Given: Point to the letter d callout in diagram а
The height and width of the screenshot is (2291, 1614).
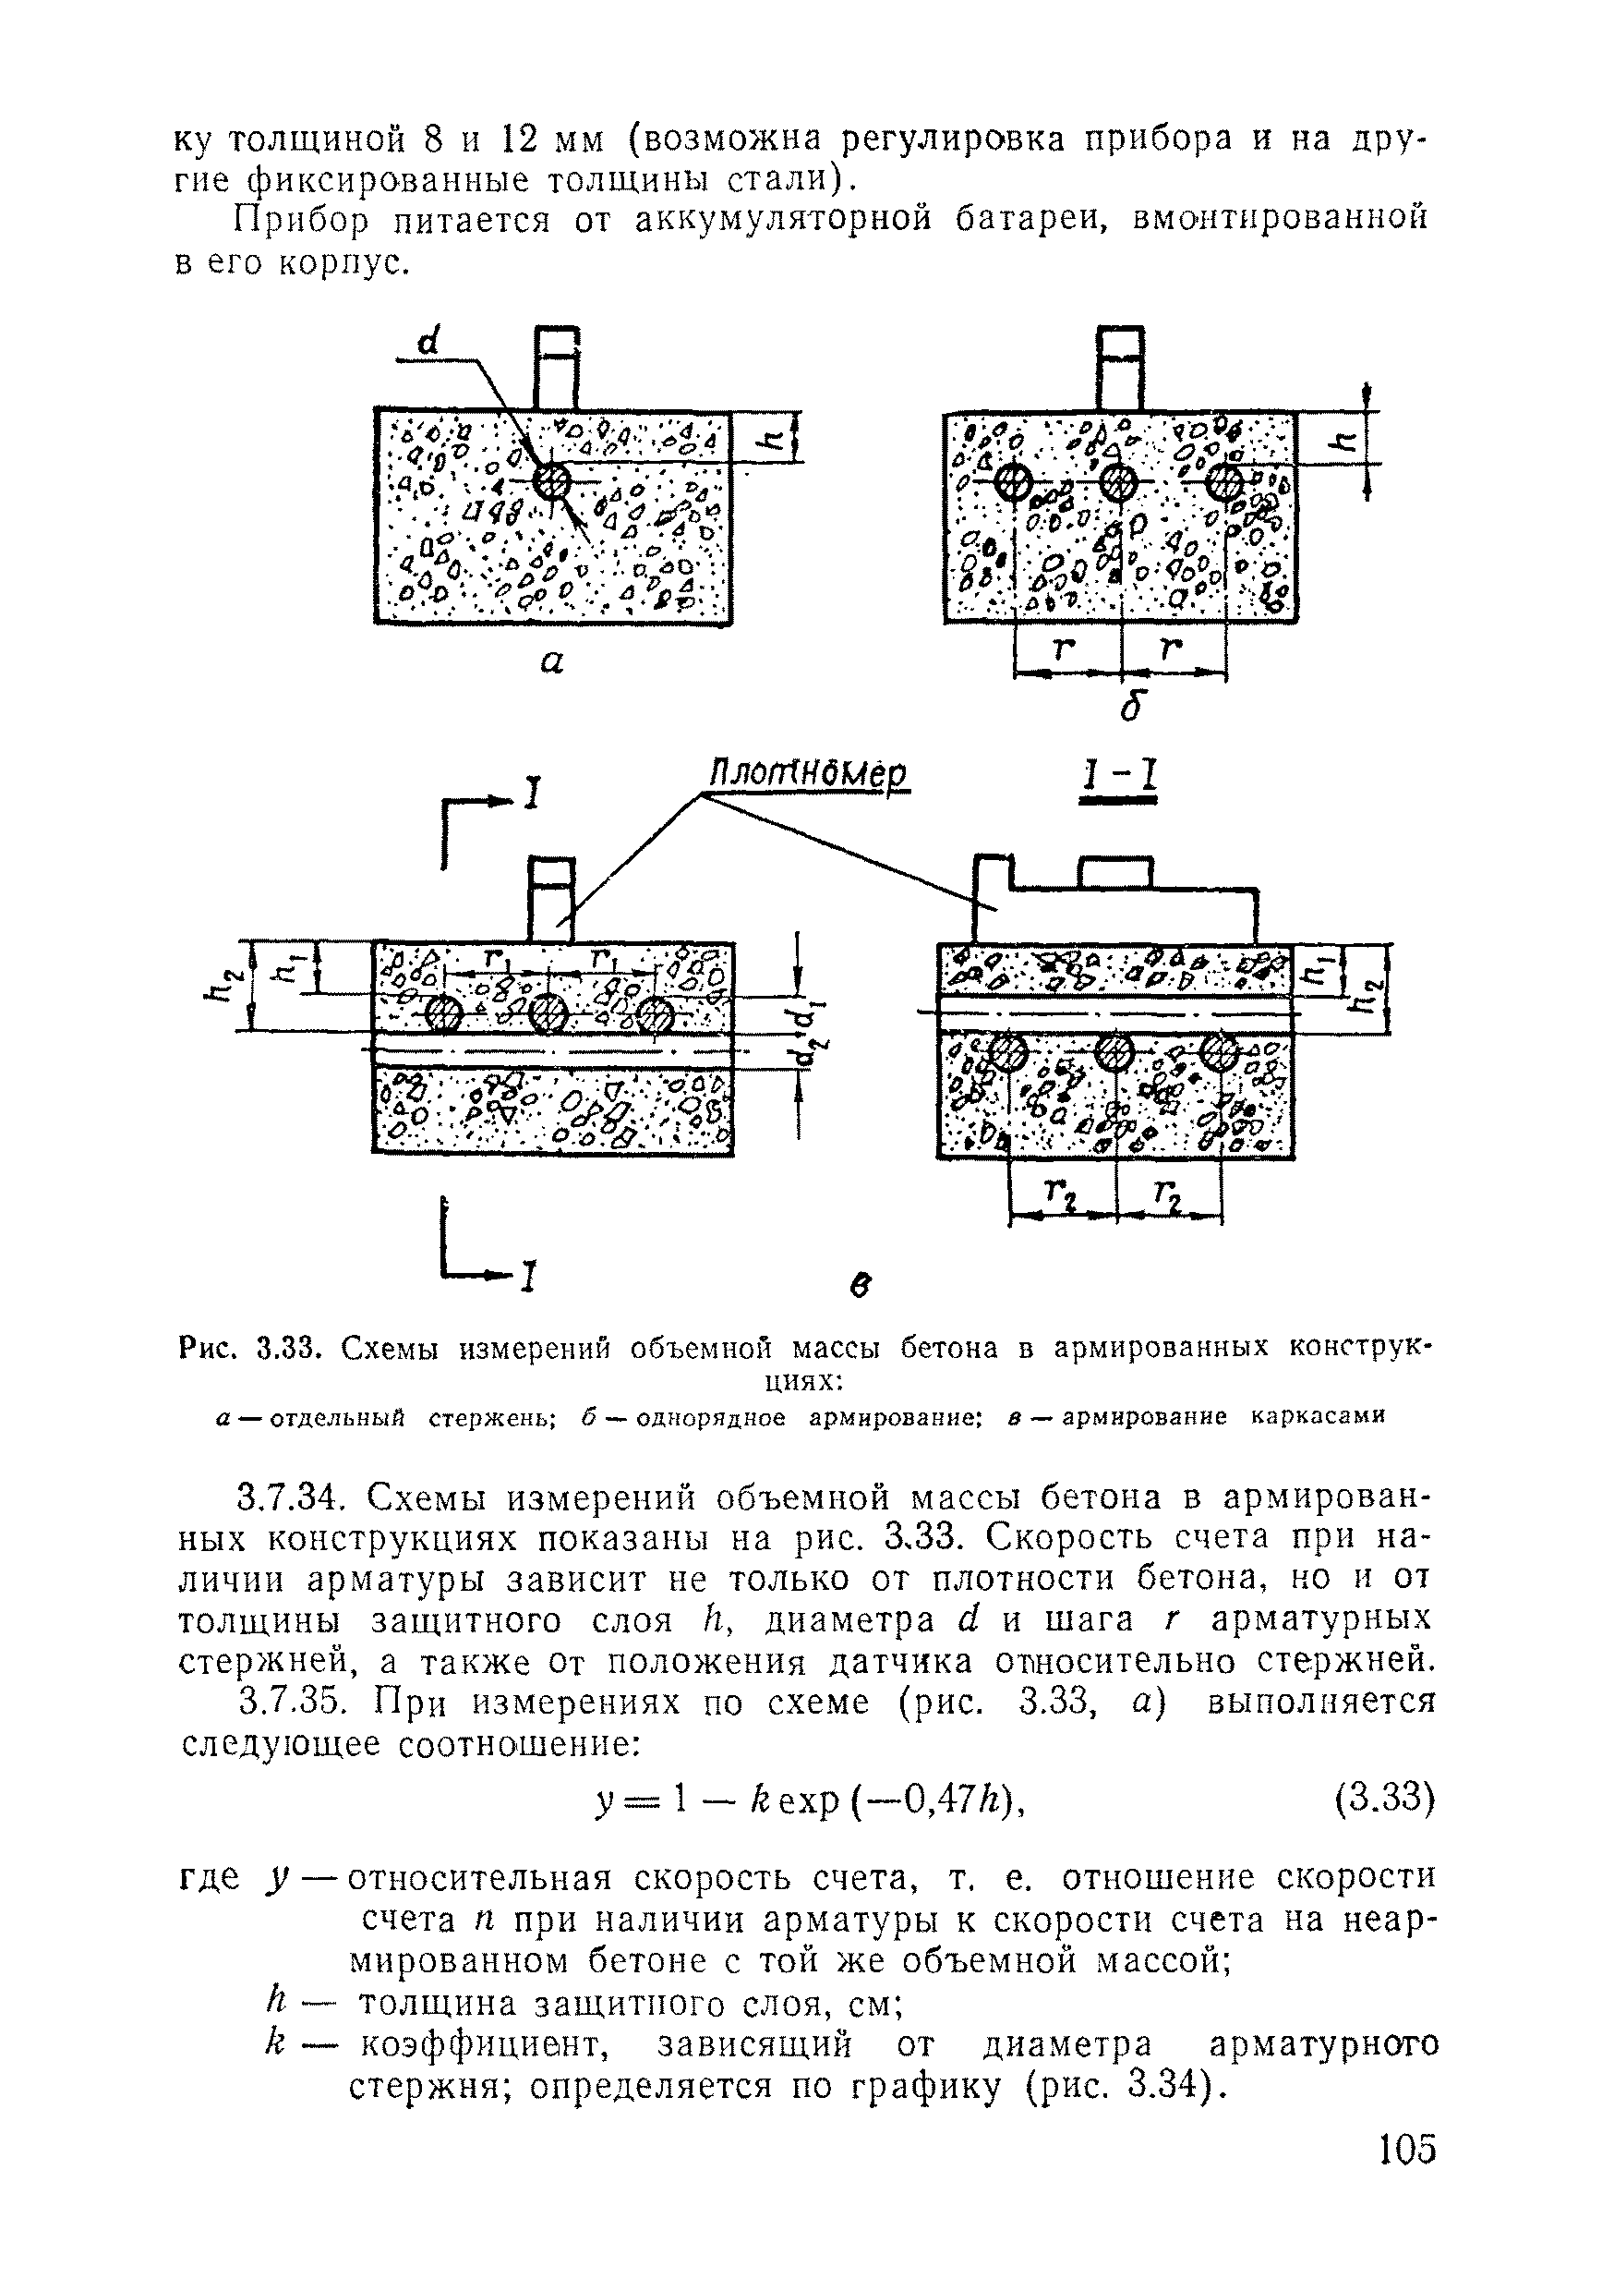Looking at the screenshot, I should pyautogui.click(x=430, y=342).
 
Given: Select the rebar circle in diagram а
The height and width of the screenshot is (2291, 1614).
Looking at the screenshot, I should pyautogui.click(x=550, y=482).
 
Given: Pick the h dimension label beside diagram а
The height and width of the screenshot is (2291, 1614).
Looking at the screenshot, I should pyautogui.click(x=781, y=437).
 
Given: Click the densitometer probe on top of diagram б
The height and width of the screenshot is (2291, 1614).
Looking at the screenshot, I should pyautogui.click(x=1118, y=367).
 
